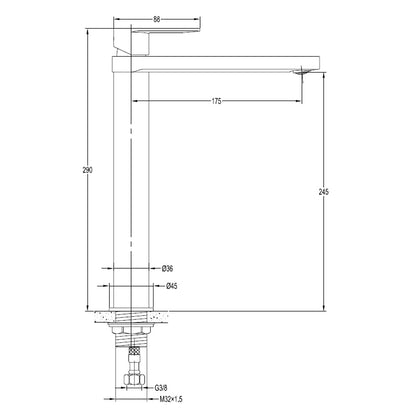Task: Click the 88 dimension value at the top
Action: (157, 19)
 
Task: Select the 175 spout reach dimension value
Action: (216, 101)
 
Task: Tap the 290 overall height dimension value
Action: (87, 170)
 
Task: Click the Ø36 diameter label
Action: (167, 268)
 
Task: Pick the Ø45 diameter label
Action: (172, 286)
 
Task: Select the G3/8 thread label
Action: (161, 388)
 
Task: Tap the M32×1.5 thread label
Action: (171, 399)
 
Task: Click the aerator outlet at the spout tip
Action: (303, 70)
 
